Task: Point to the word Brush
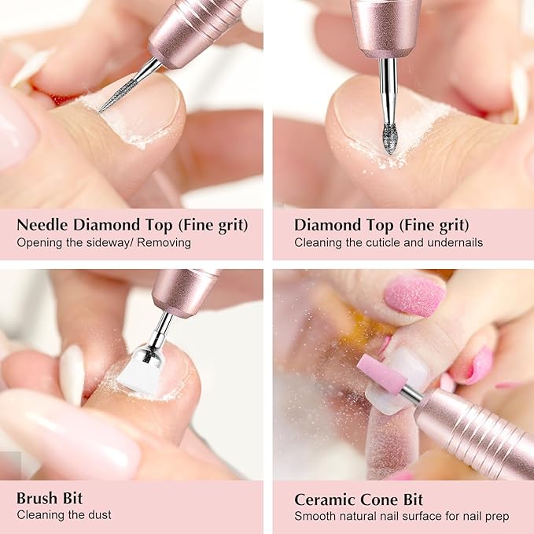(x=39, y=499)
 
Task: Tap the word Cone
(x=381, y=499)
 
